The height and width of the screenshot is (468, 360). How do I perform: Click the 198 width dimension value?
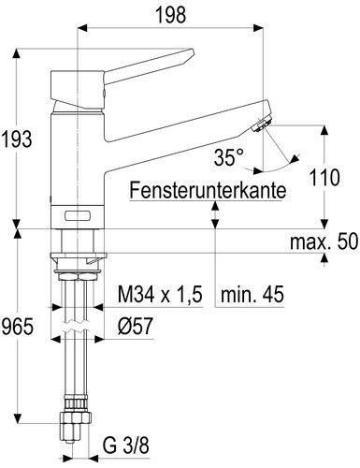pos(171,15)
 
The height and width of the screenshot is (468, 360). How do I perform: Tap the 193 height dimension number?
pos(17,139)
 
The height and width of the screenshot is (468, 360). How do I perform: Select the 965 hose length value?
pos(18,327)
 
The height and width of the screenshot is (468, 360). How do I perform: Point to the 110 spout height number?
pos(324,178)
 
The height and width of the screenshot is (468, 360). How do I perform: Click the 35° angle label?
pos(229,157)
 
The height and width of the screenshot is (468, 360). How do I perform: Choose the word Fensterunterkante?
pos(208,190)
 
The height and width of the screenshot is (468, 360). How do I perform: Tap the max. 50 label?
pos(324,241)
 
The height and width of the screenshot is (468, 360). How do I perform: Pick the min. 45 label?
pos(252,294)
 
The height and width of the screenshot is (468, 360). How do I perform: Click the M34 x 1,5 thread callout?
pos(160,294)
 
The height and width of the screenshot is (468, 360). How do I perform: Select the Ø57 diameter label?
pos(136,326)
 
